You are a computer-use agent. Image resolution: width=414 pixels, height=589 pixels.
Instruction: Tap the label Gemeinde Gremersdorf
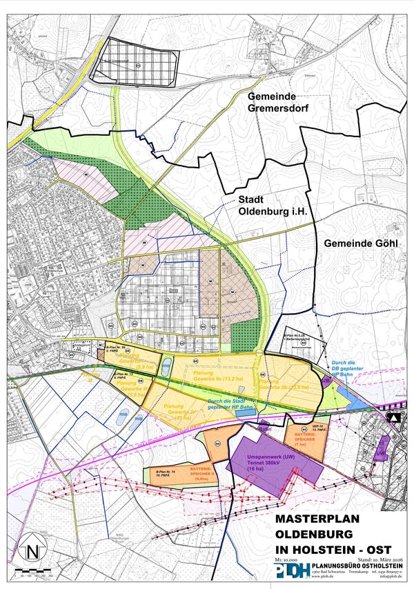coord(281,104)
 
